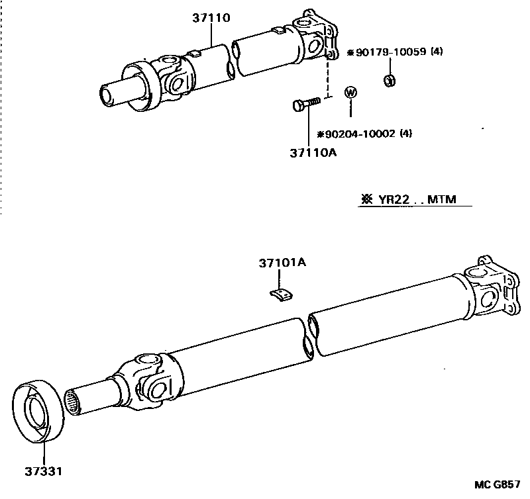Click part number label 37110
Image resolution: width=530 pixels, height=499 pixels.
pos(212,19)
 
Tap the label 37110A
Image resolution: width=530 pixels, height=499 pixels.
pos(313,153)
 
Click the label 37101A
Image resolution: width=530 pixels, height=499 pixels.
pos(282,263)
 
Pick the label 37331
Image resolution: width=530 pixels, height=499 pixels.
pos(44,472)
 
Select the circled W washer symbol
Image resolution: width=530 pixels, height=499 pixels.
pos(350,93)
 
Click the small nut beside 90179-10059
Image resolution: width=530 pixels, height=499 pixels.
pos(390,81)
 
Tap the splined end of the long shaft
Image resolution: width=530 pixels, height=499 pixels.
pos(74,402)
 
